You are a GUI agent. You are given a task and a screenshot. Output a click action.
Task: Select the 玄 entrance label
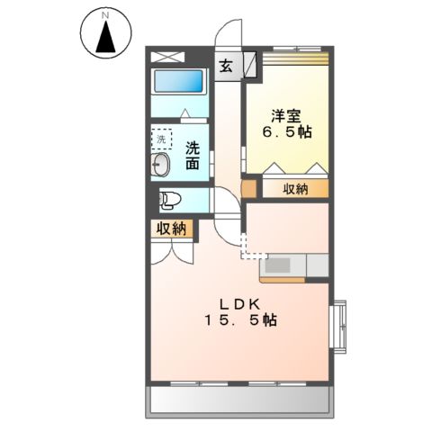tap(226, 65)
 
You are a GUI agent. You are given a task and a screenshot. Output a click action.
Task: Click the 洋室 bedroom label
tap(287, 115)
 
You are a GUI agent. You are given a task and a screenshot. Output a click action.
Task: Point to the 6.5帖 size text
tap(287, 132)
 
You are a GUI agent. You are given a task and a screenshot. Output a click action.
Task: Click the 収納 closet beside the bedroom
tap(294, 189)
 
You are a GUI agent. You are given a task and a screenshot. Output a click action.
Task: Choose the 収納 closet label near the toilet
tap(171, 229)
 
